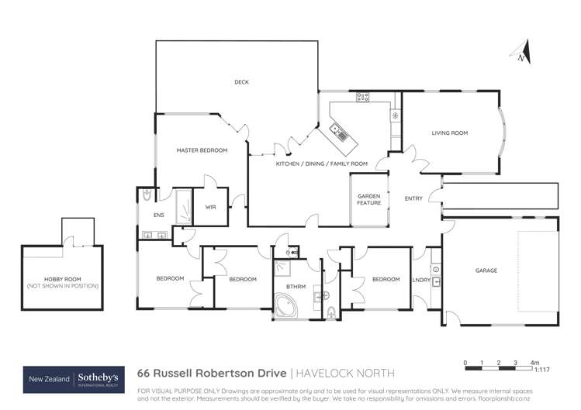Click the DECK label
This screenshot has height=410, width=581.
[241, 82]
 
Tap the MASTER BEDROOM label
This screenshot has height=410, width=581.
[202, 150]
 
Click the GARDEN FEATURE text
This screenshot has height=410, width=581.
[368, 199]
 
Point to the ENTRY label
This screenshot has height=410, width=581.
[413, 198]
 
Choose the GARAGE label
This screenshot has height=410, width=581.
[486, 270]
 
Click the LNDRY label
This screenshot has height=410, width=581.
[421, 279]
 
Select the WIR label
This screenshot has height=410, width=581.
[210, 207]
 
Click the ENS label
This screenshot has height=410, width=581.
[158, 215]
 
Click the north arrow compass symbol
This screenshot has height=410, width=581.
[523, 53]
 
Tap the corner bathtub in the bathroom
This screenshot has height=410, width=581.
[287, 306]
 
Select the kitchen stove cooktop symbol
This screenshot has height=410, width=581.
[362, 97]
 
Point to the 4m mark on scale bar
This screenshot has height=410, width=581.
[534, 362]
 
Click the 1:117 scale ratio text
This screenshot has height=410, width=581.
[534, 369]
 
